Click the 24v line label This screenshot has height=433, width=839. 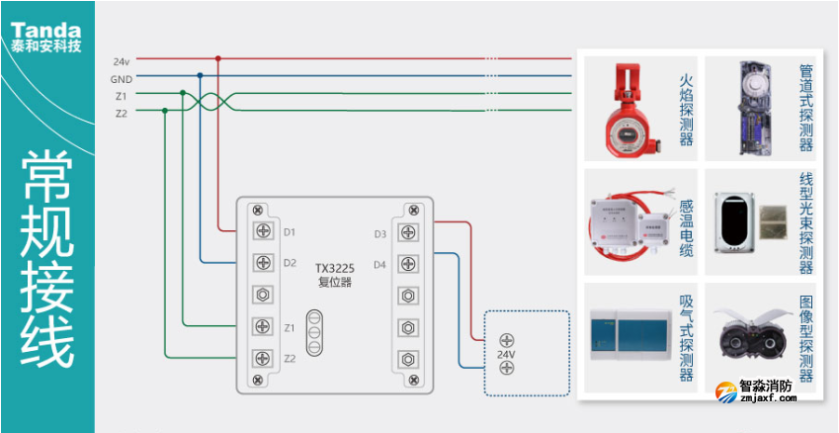pyautogui.click(x=122, y=60)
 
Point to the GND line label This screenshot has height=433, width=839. pyautogui.click(x=121, y=77)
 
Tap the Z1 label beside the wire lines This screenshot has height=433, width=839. pyautogui.click(x=122, y=95)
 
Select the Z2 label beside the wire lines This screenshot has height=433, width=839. pyautogui.click(x=122, y=113)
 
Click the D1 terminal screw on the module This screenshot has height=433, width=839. pyautogui.click(x=264, y=231)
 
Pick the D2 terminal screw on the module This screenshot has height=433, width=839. pyautogui.click(x=264, y=263)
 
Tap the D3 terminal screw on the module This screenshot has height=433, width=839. pyautogui.click(x=406, y=233)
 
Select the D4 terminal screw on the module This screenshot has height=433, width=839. pyautogui.click(x=406, y=264)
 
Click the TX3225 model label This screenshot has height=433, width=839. pyautogui.click(x=334, y=268)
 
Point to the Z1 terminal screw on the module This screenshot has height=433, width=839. pyautogui.click(x=264, y=326)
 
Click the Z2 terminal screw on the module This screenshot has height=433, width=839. pyautogui.click(x=264, y=358)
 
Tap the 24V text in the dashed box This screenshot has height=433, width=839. pyautogui.click(x=506, y=354)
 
